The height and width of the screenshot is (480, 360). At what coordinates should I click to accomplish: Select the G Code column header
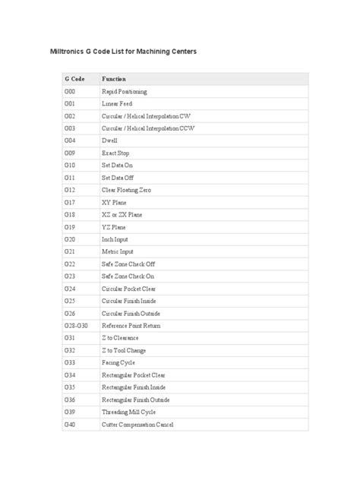pos(74,79)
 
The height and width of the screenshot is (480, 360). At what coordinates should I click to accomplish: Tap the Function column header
pos(113,79)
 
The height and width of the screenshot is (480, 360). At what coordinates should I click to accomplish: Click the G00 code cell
pos(70,91)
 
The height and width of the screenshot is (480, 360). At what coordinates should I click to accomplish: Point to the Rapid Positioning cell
pos(124,91)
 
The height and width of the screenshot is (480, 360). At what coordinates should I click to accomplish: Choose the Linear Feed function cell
pos(116,103)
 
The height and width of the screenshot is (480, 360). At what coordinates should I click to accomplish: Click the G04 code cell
pos(70,141)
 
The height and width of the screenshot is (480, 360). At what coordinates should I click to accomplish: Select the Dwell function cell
pos(109,141)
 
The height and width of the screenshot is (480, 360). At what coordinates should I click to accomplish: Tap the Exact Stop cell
pos(115,153)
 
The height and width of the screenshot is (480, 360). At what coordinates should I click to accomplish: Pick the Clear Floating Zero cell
pos(126,190)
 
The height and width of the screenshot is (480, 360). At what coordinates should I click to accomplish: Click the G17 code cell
pos(70,202)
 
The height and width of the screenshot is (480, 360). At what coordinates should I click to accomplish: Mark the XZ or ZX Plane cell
pos(122,214)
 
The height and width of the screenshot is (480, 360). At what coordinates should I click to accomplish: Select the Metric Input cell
pos(117,251)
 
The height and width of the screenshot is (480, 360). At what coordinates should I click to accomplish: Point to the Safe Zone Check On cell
pos(128,276)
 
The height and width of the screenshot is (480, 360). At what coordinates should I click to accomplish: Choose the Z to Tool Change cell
pos(123,350)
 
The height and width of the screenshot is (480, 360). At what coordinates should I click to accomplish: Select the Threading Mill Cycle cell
pos(128,412)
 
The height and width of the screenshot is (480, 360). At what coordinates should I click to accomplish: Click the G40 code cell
pos(70,424)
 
